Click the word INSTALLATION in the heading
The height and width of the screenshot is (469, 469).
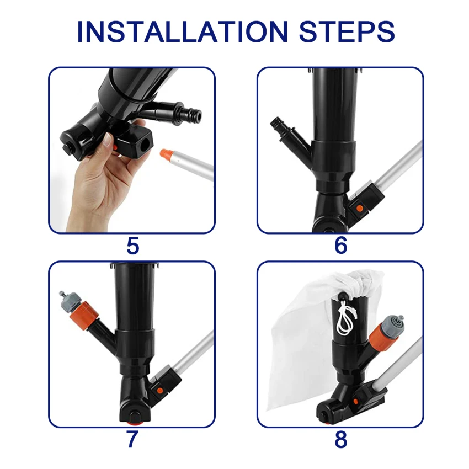pos(183,31)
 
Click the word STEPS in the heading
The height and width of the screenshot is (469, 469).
pos(347,31)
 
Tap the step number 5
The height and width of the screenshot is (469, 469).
pos(133,246)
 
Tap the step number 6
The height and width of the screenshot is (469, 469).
pos(340,246)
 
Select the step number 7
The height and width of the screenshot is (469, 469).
pos(132,439)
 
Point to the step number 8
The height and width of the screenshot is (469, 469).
pos(340,439)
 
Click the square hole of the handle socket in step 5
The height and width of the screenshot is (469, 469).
pos(145,145)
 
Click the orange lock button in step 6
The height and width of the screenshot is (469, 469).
pos(360,208)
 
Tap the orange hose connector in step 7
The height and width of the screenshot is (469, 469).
pos(83,314)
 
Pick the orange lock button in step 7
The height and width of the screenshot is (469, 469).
pos(160,390)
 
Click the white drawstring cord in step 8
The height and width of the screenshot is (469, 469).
pos(347,317)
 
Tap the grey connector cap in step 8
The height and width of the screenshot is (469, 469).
pos(392,325)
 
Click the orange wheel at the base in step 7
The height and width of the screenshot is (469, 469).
pos(135,423)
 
